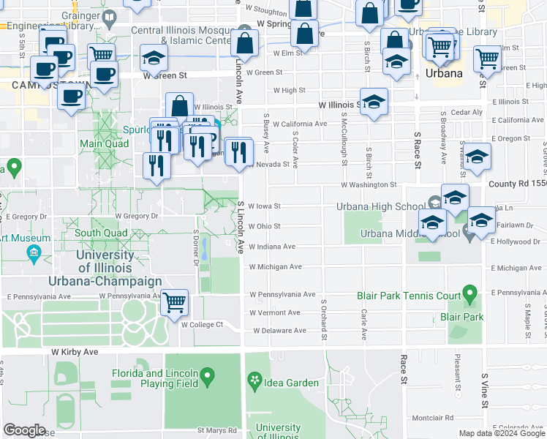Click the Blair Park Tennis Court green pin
click(469, 295)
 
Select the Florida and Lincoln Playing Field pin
click(208, 377)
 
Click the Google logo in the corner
click(24, 430)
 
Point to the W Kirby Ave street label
click(74, 352)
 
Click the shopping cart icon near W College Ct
click(174, 301)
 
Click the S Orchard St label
click(323, 318)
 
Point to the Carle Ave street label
click(363, 324)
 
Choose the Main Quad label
click(99, 143)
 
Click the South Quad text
click(101, 234)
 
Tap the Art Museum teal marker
click(32, 254)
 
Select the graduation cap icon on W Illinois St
click(374, 103)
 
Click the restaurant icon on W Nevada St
click(238, 152)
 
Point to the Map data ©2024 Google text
click(502, 433)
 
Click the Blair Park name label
click(461, 317)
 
